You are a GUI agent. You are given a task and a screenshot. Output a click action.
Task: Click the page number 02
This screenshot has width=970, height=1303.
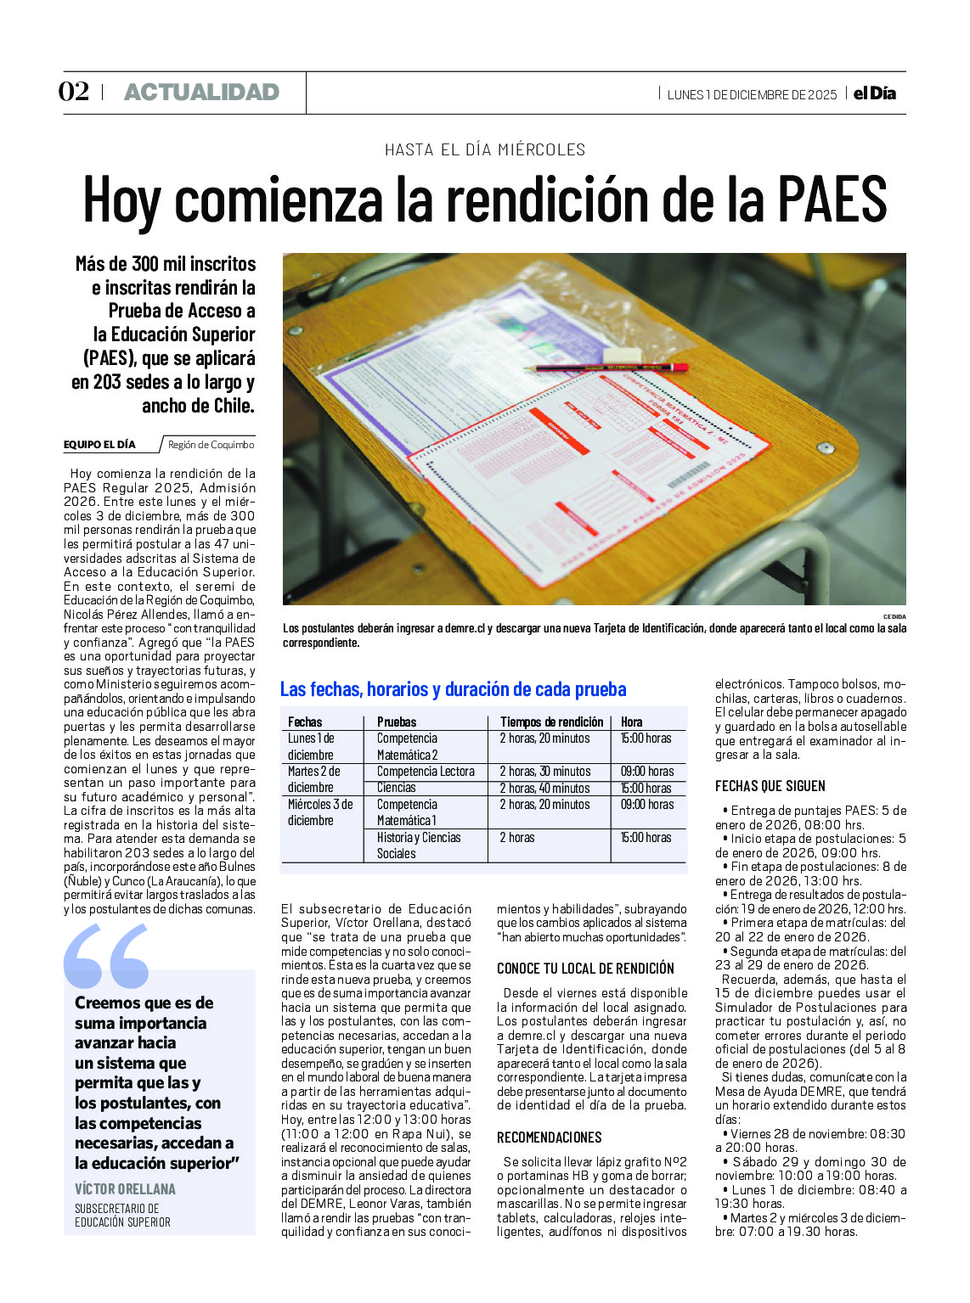click(x=74, y=92)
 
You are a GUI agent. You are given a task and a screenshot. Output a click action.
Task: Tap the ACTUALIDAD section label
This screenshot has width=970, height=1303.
click(x=201, y=93)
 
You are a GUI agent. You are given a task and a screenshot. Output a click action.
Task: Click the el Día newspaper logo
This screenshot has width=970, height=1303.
click(x=875, y=93)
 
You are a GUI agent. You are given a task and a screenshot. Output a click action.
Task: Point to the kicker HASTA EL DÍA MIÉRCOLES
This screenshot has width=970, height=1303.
click(x=485, y=150)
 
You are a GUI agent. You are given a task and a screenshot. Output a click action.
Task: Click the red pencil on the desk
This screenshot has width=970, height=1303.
click(x=606, y=368)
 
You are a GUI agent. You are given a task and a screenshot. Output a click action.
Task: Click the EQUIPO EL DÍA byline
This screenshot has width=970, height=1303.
click(x=99, y=445)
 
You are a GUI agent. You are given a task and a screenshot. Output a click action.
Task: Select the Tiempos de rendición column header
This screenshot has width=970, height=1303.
click(x=551, y=722)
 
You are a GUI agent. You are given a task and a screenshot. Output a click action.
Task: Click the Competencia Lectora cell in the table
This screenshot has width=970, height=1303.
click(x=426, y=772)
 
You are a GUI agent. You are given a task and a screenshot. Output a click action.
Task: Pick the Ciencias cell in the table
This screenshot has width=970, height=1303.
click(x=397, y=788)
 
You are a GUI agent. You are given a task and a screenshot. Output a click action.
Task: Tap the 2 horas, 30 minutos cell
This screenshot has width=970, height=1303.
click(x=544, y=772)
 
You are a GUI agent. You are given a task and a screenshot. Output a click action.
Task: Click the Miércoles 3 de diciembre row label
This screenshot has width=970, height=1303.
click(x=320, y=812)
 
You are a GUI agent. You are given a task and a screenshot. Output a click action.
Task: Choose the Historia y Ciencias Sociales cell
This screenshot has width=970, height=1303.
click(x=419, y=845)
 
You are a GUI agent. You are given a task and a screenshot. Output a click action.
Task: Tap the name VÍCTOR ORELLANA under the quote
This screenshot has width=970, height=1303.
click(x=125, y=1189)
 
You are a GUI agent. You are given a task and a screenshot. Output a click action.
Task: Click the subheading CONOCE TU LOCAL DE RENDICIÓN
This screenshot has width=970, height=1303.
click(x=585, y=969)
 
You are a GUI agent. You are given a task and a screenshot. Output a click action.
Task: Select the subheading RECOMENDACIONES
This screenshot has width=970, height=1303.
click(x=549, y=1137)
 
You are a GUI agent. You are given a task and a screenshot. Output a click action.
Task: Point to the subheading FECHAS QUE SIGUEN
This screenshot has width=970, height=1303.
click(x=770, y=787)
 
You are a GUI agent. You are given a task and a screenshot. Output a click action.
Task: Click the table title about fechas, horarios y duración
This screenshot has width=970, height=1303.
click(x=453, y=689)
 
